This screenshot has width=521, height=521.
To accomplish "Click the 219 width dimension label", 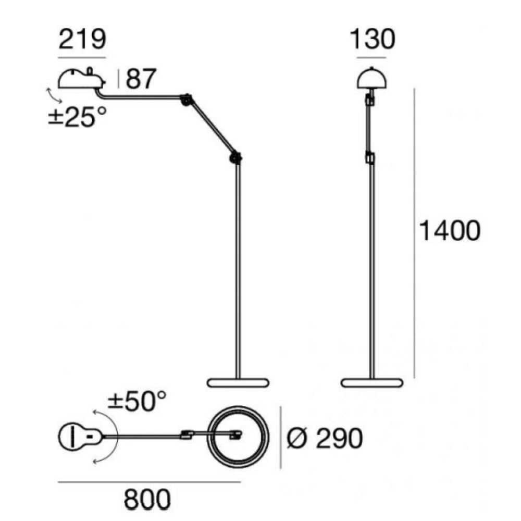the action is pos(82,39).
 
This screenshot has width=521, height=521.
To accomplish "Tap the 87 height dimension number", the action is pos(141,79).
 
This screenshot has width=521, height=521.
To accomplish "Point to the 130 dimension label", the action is pos(373,39).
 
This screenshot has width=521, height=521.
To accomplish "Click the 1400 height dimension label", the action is pos(450,231).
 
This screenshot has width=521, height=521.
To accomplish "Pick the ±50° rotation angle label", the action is pos(137,401).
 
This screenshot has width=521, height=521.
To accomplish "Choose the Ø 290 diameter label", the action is pos(325,438).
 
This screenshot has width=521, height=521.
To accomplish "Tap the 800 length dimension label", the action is pos(147,499).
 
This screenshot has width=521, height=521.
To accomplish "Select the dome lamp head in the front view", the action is pos(372,78).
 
